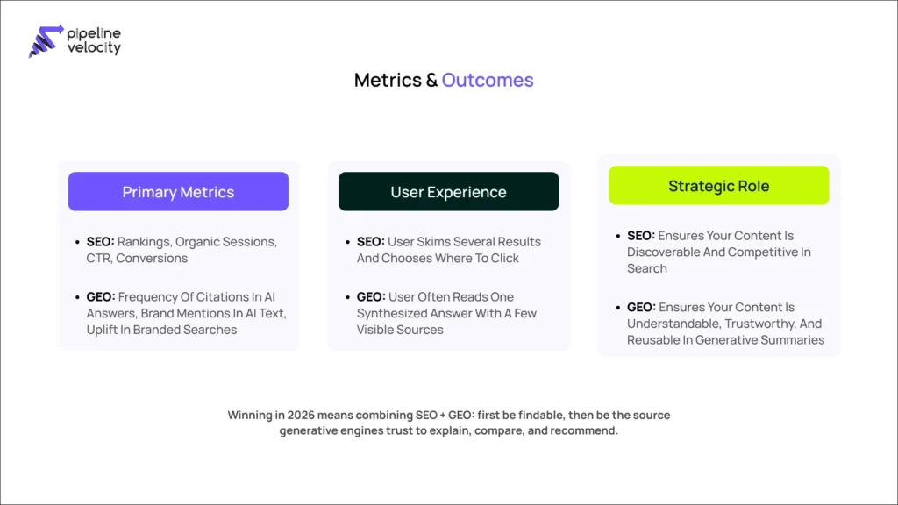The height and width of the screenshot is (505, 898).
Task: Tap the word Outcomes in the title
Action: point(488,81)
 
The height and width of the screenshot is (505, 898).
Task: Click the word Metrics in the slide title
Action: point(388,81)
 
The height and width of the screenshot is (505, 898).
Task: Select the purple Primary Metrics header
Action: point(178,191)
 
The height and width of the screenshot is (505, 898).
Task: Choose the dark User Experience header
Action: point(448,191)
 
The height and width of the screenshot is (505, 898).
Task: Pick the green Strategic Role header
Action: point(718,186)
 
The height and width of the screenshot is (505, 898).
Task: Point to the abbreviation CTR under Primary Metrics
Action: point(99,258)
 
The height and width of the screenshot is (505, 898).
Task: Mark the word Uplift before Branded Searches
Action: point(105,330)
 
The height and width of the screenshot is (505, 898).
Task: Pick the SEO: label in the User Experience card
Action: point(371,241)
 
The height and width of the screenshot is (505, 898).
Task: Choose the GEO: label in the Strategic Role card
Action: point(641,307)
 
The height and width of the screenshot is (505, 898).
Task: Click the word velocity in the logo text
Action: point(94,48)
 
